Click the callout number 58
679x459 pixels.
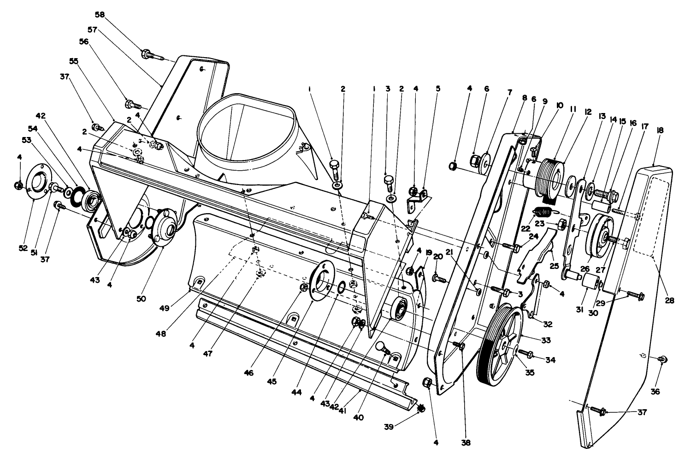pos(100,14)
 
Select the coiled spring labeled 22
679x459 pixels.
pos(544,213)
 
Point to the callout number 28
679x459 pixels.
pos(669,300)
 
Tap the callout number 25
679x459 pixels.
pos(554,266)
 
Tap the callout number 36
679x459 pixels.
pos(655,392)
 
